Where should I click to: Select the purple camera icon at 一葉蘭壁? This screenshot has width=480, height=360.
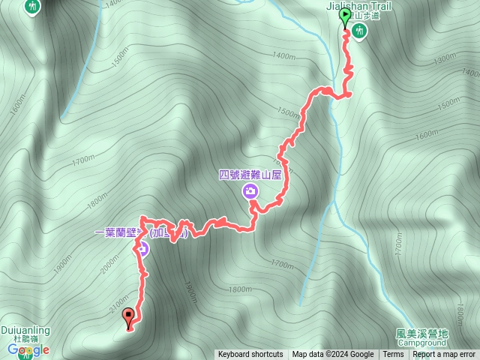click(141, 249)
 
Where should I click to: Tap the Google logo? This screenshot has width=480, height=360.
click(28, 349)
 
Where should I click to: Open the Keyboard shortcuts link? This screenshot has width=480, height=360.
click(250, 355)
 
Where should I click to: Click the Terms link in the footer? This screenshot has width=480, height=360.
click(393, 355)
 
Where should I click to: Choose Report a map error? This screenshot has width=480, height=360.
click(444, 355)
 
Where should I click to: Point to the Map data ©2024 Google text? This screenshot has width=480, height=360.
click(333, 355)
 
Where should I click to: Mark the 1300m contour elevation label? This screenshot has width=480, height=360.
click(445, 58)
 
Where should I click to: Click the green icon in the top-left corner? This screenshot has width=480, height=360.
click(32, 6)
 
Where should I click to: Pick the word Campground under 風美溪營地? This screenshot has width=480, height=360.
click(421, 343)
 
